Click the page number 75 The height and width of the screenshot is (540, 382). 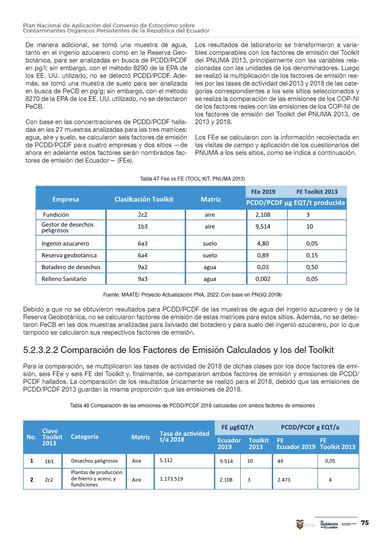[x=365, y=522]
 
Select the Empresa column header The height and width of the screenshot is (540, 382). [x=66, y=199]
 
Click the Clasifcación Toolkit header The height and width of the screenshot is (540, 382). [x=144, y=199]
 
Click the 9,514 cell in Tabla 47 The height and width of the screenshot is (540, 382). [x=263, y=227]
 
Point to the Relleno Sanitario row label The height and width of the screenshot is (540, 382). [x=64, y=279]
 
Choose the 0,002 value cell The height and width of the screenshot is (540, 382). [x=263, y=279]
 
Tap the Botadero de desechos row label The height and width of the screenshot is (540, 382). [x=71, y=267]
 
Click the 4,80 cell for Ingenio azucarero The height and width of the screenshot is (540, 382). [x=263, y=243]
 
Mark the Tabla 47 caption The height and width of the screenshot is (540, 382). [x=192, y=178]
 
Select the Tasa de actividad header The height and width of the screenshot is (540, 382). [x=184, y=436]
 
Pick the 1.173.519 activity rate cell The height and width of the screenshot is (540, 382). [x=172, y=479]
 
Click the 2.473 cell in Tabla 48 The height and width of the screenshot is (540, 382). [x=284, y=480]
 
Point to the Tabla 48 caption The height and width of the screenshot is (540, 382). [x=192, y=405]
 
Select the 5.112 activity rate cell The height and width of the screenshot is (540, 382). [x=167, y=461]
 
